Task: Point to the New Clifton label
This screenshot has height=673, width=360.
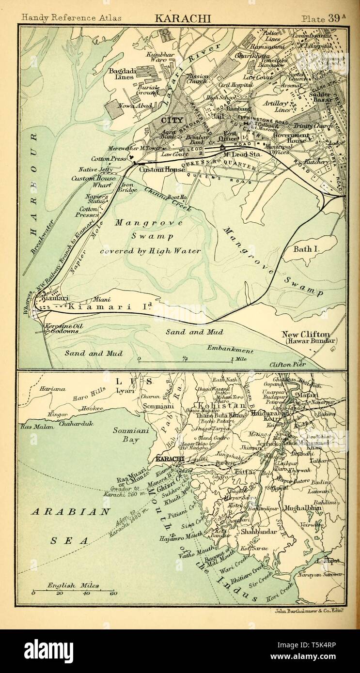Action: tap(306, 335)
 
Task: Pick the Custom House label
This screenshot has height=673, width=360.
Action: tap(162, 170)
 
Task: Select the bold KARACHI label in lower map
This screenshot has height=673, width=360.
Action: tap(169, 459)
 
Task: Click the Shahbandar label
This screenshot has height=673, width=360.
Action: tap(259, 532)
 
